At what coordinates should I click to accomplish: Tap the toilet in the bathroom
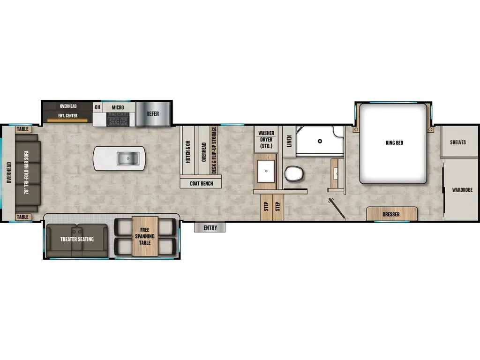[x=294, y=174]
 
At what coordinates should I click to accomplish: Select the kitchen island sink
[x=126, y=159]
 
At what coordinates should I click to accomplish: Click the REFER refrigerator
[x=152, y=114]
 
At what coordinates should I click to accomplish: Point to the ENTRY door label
[x=210, y=228]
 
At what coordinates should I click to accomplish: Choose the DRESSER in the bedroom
[x=391, y=215]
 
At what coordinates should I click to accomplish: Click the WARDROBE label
[x=462, y=190]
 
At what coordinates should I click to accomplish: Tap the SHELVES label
[x=458, y=142]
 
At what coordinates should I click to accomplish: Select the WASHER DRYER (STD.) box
[x=266, y=140]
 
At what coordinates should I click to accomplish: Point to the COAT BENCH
[x=201, y=183]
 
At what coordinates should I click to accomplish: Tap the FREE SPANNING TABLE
[x=144, y=236]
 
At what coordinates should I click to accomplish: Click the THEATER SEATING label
[x=77, y=239]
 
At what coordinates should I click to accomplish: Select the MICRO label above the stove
[x=118, y=108]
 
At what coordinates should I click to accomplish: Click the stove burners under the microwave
[x=118, y=120]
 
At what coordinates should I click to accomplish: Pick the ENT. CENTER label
[x=68, y=115]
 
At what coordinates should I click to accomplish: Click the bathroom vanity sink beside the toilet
[x=266, y=170]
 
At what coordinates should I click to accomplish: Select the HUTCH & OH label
[x=187, y=150]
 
